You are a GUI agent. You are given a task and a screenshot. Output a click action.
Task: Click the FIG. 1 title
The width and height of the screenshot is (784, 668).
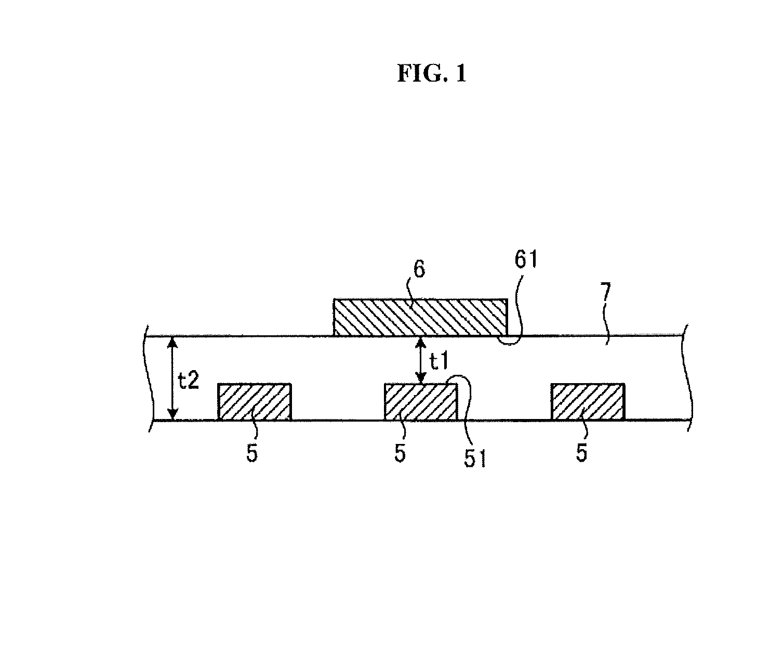coord(432,73)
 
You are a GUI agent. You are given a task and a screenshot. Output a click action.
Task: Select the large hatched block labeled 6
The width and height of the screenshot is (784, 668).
coord(420,317)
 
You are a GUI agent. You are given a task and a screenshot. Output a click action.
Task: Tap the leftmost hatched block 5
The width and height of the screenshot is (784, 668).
coord(255,402)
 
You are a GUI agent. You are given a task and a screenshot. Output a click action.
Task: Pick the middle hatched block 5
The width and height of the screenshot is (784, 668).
coord(421,402)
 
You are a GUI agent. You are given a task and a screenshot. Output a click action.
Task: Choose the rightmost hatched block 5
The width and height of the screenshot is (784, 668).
coord(588,402)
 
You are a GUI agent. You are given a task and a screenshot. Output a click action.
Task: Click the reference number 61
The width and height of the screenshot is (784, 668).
coord(526,260)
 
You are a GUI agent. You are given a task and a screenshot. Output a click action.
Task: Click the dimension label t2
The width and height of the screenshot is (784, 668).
coord(189,380)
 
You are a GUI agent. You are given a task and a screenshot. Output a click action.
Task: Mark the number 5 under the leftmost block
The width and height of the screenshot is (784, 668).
coord(252,453)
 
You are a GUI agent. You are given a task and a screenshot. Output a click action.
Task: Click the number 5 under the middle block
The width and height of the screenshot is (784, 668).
coord(400,453)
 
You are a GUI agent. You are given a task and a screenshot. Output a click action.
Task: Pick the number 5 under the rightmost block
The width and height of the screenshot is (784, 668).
coord(581,453)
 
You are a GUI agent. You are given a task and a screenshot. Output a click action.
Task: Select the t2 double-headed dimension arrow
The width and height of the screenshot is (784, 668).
coord(172,378)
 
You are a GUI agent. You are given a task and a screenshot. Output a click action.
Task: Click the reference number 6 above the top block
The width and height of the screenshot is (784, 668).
coord(419,270)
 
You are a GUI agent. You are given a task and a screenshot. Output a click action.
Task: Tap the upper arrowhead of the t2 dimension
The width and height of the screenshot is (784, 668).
coord(172,342)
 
